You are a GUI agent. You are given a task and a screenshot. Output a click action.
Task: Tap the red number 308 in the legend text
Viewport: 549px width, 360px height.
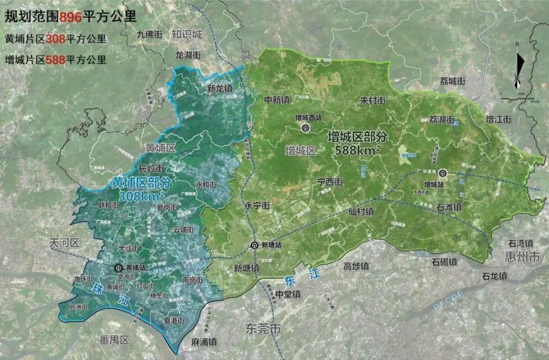point(54,39)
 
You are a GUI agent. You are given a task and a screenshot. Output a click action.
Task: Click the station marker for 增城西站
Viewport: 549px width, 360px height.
point(306,129)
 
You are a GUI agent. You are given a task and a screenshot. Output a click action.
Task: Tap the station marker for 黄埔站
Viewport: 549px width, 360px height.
point(119,267)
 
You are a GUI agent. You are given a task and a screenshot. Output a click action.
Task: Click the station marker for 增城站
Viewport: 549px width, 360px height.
point(443,174)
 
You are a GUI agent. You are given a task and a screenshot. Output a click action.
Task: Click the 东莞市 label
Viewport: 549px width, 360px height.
point(263,330)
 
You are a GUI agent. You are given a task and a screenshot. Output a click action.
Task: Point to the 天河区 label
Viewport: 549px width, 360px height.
point(63,243)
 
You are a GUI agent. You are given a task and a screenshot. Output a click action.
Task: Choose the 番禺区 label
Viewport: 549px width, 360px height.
point(114,340)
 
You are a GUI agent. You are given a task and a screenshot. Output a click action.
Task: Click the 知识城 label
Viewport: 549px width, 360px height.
point(187,34)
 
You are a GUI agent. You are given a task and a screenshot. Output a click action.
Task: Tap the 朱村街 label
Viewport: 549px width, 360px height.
point(372,100)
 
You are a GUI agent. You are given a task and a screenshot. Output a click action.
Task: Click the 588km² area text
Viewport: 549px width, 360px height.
point(358,150)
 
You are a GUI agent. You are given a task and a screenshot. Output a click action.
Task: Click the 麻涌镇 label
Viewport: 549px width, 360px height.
point(204,342)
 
